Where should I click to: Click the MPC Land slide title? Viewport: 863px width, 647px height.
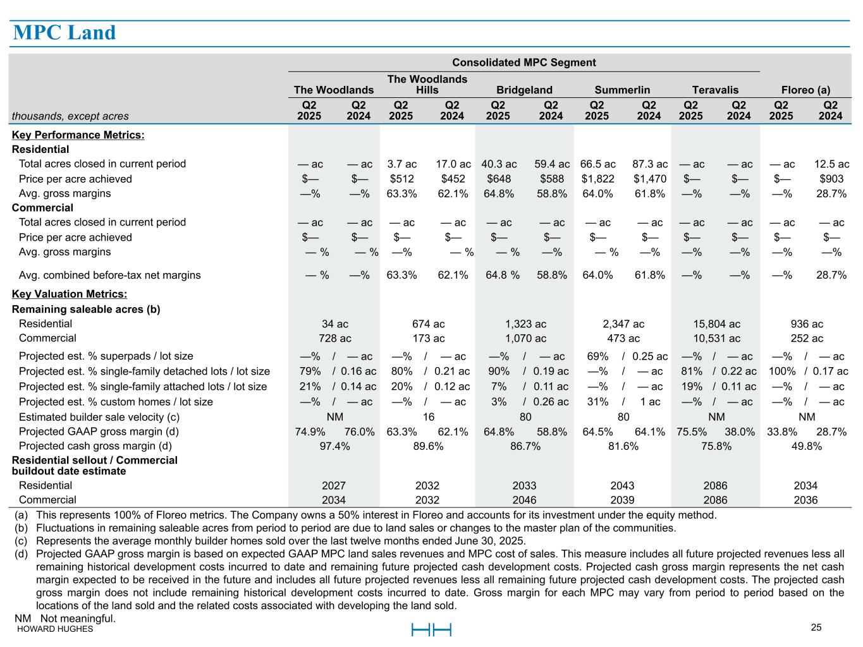[x=64, y=33]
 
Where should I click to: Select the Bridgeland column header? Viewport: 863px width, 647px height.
[x=524, y=90]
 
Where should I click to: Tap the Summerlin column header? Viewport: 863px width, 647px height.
[x=622, y=90]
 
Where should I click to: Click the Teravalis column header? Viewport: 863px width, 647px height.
[x=715, y=90]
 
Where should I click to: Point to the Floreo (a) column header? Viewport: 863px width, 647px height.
[x=805, y=90]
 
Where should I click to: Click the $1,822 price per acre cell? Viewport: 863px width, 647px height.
[x=597, y=179]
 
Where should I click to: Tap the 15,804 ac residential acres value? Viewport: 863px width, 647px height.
[x=716, y=324]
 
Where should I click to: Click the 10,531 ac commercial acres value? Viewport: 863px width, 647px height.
[x=716, y=339]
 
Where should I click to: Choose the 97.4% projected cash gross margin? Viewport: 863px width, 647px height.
[x=334, y=447]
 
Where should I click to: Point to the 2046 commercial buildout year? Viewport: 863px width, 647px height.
[x=524, y=500]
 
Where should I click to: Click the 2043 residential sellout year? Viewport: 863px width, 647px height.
[x=622, y=486]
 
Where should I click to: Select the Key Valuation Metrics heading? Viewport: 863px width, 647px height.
[x=70, y=294]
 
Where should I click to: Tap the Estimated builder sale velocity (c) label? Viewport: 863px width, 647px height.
[x=99, y=417]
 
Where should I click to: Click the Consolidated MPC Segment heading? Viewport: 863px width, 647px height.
[x=524, y=63]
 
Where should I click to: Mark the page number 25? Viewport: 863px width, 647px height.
[x=816, y=627]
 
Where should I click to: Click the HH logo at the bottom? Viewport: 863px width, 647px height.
[x=431, y=630]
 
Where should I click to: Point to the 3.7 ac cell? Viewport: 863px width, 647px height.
[x=402, y=164]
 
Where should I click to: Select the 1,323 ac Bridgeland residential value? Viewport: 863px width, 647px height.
[x=525, y=324]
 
